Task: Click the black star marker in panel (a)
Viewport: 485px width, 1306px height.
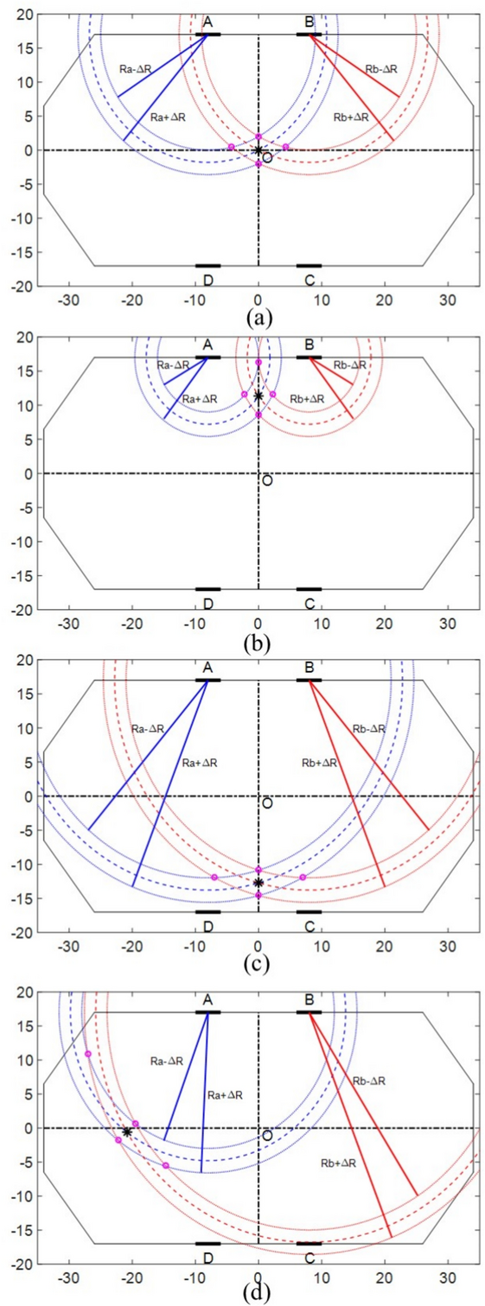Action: coord(258,150)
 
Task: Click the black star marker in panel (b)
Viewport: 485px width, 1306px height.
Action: coord(258,396)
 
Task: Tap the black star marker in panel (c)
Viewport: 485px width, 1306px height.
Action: coord(258,883)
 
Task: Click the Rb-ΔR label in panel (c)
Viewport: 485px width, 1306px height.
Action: coord(369,729)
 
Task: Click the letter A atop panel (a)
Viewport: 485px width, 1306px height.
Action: coord(207,21)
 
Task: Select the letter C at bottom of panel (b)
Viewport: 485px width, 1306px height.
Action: coord(310,603)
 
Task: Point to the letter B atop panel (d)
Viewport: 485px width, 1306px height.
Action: coord(310,999)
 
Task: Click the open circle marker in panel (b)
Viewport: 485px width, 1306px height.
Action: coord(267,480)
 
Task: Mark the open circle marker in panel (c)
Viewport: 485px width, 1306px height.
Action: coord(267,803)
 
